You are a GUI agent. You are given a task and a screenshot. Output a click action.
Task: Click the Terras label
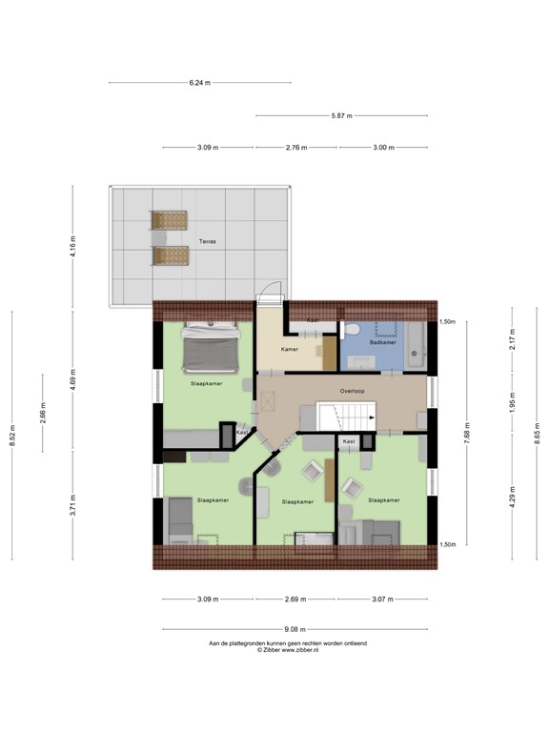click(x=207, y=242)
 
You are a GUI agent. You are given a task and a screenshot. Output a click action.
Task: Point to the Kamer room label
click(x=290, y=349)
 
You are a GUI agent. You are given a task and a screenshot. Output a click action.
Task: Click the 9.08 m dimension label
click(x=294, y=629)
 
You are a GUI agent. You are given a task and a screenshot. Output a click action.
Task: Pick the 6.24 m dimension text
click(x=198, y=83)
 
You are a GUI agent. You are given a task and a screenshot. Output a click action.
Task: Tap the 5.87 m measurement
click(x=341, y=116)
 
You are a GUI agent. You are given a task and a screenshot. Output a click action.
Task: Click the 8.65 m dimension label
click(x=527, y=434)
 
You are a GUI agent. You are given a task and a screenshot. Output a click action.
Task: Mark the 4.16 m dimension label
click(x=72, y=246)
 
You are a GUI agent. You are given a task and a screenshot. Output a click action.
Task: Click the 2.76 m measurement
click(x=297, y=148)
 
